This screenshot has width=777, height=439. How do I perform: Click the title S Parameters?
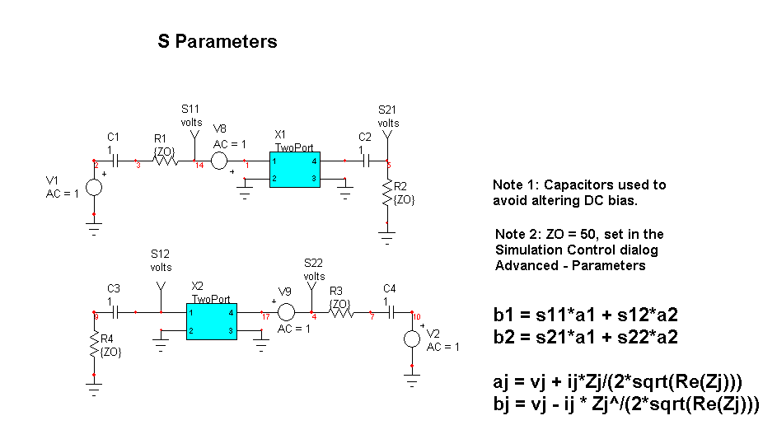(218, 42)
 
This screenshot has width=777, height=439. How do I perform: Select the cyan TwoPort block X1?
(294, 169)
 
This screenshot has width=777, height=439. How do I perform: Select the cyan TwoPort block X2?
(211, 322)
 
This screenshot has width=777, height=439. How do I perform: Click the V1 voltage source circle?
(94, 187)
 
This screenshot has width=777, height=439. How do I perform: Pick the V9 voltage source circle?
(285, 313)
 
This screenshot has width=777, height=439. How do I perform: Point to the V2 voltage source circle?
(412, 339)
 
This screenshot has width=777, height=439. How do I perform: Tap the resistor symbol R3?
(339, 313)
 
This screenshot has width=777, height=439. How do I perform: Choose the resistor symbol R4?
(94, 347)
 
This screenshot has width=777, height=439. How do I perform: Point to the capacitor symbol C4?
(391, 313)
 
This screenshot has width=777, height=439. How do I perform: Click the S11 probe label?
(190, 109)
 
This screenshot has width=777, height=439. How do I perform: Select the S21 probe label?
(388, 109)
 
